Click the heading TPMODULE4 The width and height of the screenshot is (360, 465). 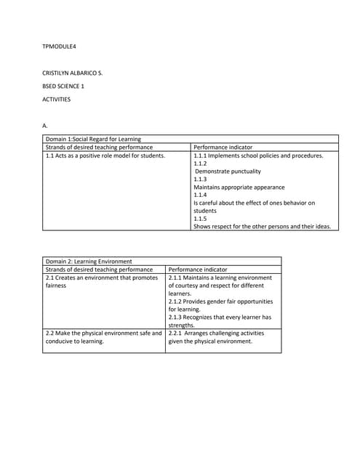(60, 47)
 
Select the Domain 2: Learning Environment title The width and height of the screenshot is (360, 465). (89, 261)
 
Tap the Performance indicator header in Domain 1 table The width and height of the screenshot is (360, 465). (223, 147)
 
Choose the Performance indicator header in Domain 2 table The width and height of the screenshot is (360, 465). (198, 269)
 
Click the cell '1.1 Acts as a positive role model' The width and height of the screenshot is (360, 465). (105, 155)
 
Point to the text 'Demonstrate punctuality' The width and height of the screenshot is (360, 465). (228, 171)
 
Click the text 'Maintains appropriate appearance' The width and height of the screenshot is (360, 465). (239, 187)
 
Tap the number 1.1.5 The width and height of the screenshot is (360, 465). (200, 218)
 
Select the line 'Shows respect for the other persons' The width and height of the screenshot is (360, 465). (262, 226)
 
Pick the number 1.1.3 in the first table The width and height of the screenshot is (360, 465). (200, 179)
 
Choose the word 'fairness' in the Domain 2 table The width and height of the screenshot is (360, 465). (56, 286)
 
